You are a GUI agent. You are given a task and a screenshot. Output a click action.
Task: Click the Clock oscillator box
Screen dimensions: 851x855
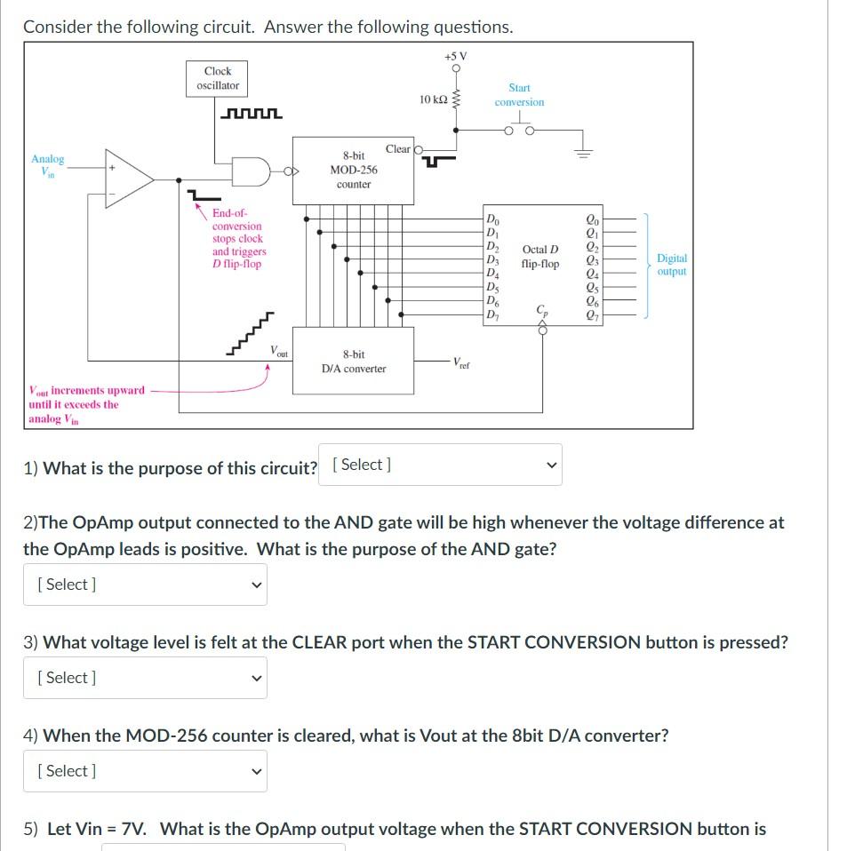[x=218, y=78]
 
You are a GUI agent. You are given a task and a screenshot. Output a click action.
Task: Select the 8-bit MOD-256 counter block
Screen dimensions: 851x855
[x=354, y=170]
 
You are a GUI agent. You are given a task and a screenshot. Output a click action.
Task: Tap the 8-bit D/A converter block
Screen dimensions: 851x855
[x=354, y=361]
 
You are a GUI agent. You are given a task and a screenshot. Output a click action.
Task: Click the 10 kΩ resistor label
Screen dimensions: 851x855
[x=433, y=99]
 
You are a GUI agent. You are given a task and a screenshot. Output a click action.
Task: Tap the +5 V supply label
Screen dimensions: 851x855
[x=455, y=56]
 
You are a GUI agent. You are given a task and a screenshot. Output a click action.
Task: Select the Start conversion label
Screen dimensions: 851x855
[x=519, y=95]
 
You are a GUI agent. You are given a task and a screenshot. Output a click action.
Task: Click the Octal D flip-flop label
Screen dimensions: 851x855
[x=540, y=257]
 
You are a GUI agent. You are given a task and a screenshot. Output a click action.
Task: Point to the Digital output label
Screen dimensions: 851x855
[x=671, y=265]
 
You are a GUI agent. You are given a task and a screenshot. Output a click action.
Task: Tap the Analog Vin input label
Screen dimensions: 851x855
[x=48, y=165]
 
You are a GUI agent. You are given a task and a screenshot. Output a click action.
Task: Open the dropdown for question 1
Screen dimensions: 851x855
[x=440, y=465]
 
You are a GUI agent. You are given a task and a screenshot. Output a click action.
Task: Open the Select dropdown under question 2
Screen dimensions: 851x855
[x=145, y=585]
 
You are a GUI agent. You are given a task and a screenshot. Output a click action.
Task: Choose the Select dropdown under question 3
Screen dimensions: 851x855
[x=145, y=678]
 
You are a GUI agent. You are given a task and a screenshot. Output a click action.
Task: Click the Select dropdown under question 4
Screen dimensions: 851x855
[x=145, y=771]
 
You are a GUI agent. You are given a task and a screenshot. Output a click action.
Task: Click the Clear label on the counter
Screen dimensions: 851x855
[x=397, y=149]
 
